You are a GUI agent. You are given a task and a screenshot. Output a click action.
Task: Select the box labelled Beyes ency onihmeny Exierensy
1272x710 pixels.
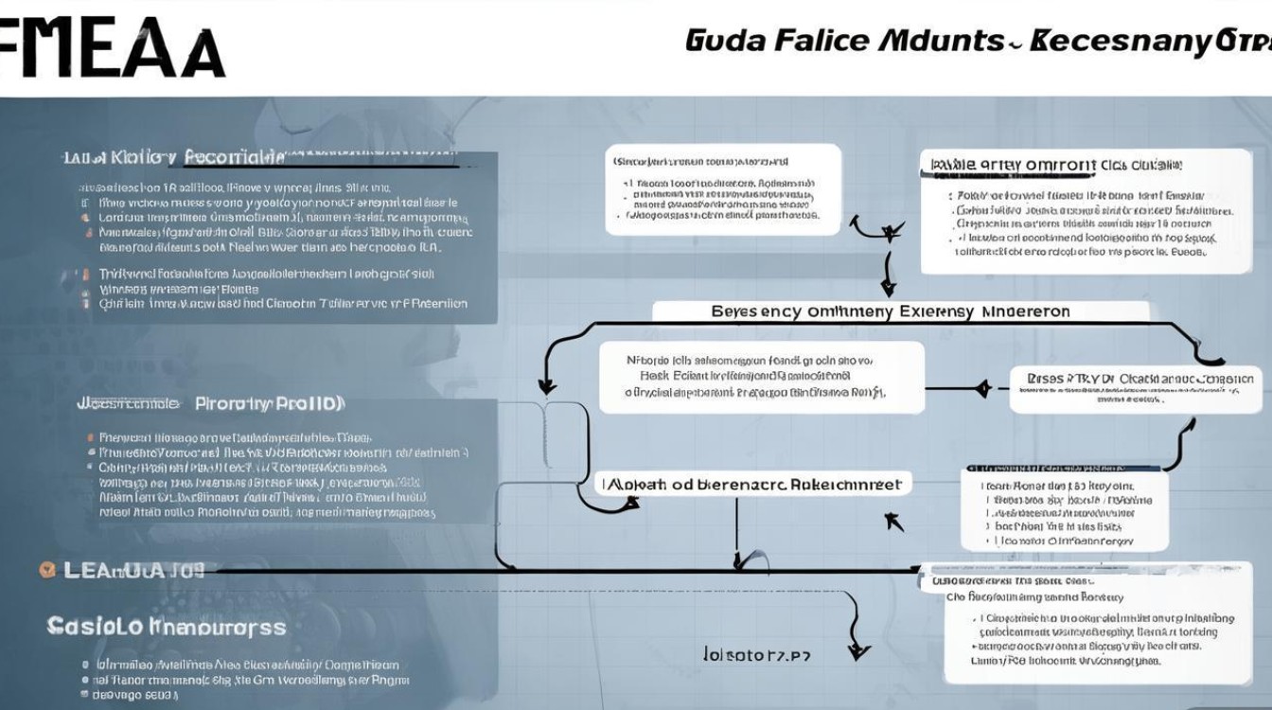click(899, 311)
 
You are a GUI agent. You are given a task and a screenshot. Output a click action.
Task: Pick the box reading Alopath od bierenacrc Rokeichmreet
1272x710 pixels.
click(752, 484)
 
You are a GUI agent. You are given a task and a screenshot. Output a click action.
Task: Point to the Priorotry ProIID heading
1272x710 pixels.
click(270, 403)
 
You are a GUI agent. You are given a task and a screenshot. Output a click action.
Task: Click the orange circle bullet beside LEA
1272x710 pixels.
click(45, 570)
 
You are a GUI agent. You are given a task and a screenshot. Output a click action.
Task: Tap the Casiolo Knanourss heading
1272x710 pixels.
click(166, 626)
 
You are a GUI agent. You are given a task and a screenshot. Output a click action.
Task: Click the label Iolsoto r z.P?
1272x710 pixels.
click(757, 654)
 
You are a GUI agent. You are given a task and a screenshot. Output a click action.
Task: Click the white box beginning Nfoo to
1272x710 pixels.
click(761, 377)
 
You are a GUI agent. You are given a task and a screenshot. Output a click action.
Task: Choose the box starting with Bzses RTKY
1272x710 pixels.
click(1136, 387)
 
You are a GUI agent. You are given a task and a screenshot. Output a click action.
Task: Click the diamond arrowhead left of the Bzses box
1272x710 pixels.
click(981, 387)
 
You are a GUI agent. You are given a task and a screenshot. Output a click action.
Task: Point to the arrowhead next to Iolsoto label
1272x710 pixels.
click(857, 651)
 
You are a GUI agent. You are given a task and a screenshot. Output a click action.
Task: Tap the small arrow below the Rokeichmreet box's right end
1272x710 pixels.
click(892, 521)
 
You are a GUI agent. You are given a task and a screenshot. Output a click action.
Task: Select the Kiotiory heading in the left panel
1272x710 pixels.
click(143, 156)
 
